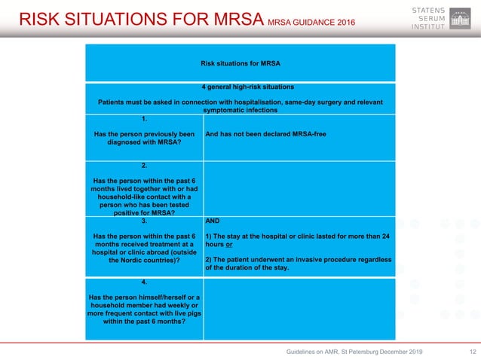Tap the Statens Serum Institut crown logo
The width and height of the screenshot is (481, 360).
click(460, 18)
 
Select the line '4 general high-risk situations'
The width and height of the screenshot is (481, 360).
click(240, 87)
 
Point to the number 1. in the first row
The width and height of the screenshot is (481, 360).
click(144, 119)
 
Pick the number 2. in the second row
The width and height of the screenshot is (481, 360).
click(144, 164)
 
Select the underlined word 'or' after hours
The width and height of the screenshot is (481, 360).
click(228, 245)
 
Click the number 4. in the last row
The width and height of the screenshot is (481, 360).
click(144, 282)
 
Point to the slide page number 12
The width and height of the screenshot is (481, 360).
click(473, 352)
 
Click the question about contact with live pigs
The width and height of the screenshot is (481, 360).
click(144, 309)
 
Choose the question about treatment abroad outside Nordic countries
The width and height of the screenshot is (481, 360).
click(144, 249)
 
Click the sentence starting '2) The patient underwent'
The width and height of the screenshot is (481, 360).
click(299, 263)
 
